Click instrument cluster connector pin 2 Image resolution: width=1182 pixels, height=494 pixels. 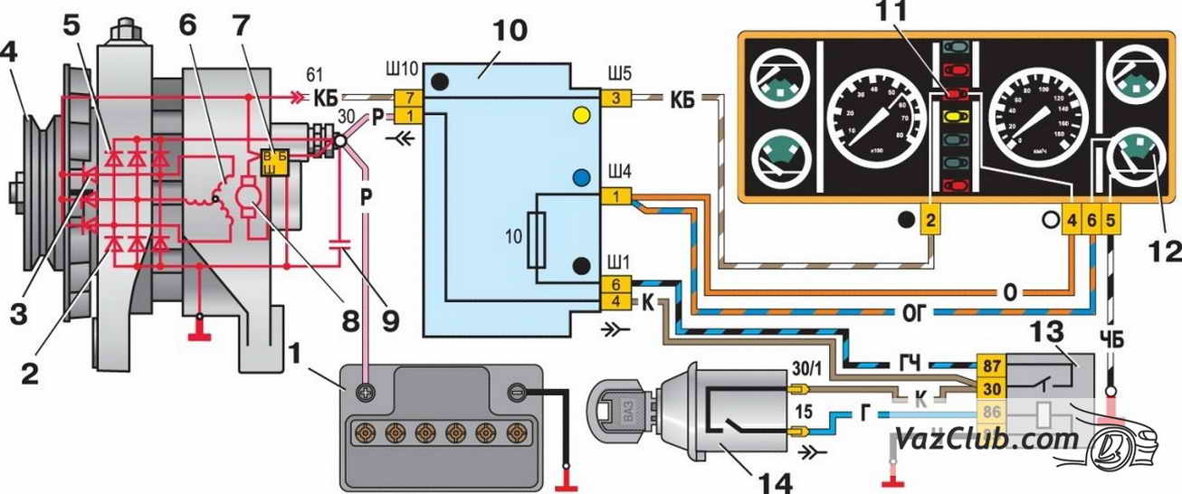tap(931, 220)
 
